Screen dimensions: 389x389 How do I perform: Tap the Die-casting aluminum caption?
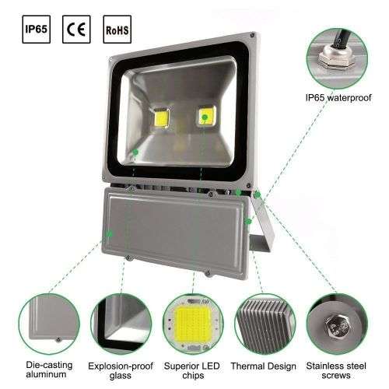click(x=45, y=368)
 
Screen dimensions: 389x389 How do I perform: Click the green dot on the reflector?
click(x=135, y=151)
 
